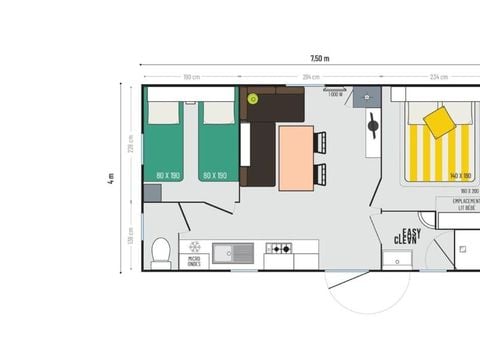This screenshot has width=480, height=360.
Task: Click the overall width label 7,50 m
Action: tap(319, 59)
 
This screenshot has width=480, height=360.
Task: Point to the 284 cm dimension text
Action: tap(311, 77)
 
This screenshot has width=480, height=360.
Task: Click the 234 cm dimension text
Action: tap(438, 77)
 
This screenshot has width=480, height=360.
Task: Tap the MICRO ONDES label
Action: tap(193, 263)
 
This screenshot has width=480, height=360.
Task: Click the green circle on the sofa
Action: tap(253, 99)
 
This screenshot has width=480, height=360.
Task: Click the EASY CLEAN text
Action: tap(405, 237)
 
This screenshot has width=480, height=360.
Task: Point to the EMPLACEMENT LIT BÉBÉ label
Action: tap(466, 204)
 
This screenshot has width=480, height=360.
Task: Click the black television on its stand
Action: tap(372, 127)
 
